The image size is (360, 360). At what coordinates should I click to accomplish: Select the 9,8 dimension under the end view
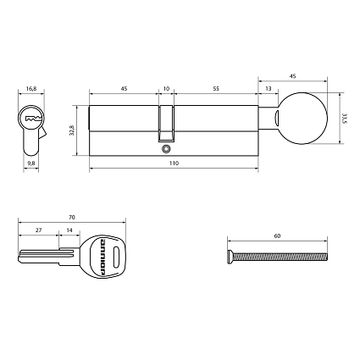[x=31, y=164]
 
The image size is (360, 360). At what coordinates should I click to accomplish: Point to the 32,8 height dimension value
[x=73, y=130]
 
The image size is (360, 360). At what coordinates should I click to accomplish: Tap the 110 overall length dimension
[x=174, y=163]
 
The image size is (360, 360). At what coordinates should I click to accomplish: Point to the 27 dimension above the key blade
[x=39, y=230]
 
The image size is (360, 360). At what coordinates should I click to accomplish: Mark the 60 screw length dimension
[x=277, y=237]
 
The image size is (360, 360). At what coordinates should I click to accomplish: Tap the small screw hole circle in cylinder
[x=166, y=152]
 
